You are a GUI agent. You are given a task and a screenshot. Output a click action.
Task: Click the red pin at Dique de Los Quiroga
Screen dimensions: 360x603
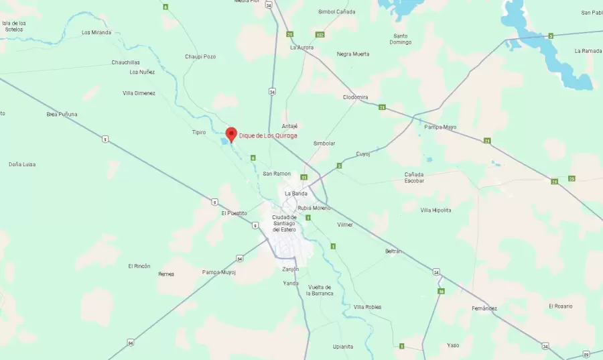(x=231, y=133)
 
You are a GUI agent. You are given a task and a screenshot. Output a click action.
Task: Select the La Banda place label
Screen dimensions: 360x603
(x=295, y=193)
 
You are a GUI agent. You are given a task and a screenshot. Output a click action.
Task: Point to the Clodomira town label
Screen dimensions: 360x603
(x=355, y=97)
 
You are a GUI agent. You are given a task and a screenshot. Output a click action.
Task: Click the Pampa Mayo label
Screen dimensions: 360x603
(x=440, y=127)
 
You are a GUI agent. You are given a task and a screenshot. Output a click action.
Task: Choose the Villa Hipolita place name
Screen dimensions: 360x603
(x=435, y=210)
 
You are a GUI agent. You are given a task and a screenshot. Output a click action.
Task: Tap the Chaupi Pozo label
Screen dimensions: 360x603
(x=200, y=56)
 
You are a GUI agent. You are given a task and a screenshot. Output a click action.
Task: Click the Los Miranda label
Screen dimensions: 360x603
(x=96, y=32)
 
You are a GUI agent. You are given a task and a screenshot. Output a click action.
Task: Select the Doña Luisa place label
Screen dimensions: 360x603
(x=22, y=164)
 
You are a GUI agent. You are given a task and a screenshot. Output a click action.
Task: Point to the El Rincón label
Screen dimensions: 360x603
(x=139, y=265)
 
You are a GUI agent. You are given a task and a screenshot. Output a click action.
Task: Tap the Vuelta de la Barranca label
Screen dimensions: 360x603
(x=320, y=290)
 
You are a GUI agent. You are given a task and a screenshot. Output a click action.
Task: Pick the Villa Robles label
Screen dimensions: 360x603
(x=367, y=306)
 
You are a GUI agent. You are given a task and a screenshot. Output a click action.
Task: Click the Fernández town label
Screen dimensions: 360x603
(x=484, y=308)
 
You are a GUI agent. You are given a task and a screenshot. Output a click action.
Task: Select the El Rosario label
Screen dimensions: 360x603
(x=561, y=306)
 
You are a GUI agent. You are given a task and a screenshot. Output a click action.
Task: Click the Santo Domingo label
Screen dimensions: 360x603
(x=401, y=39)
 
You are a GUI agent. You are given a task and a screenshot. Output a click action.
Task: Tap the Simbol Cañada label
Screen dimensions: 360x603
(x=337, y=11)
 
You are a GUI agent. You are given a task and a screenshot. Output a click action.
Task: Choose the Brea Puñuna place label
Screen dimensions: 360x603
(x=62, y=114)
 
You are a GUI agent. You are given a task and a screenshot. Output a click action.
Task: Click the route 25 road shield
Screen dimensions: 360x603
(x=571, y=178)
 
